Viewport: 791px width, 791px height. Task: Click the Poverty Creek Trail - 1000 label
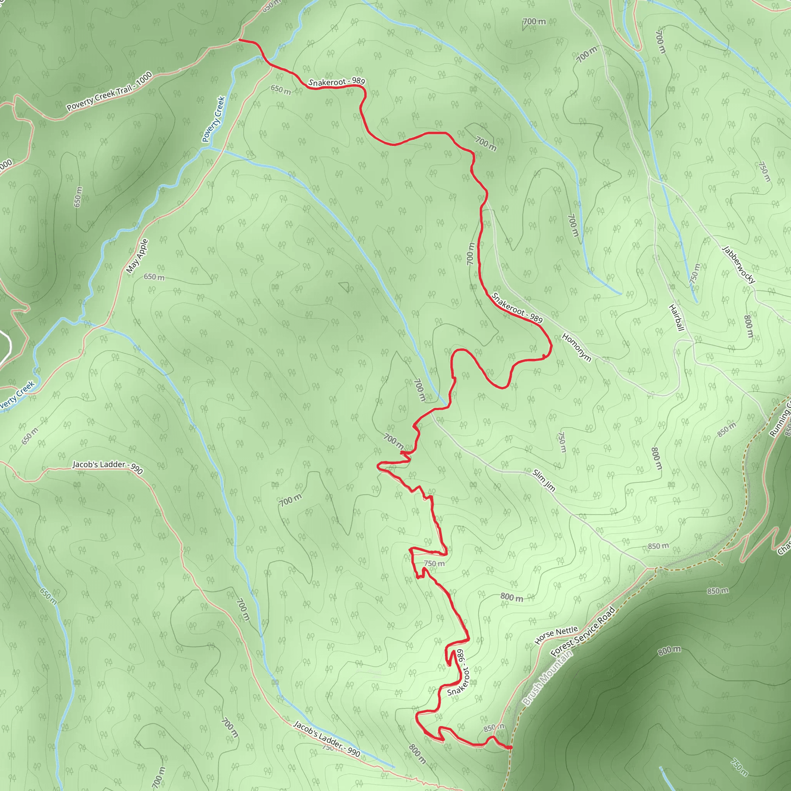(109, 92)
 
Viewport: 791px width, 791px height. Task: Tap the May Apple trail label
(137, 256)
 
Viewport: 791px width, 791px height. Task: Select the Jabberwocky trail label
(738, 265)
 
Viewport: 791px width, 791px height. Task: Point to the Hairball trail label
(676, 318)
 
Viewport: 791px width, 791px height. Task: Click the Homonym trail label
(577, 348)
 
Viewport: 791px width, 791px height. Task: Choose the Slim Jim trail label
(544, 480)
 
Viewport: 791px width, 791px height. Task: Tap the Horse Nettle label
(556, 635)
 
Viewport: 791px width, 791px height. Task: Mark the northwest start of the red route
(239, 40)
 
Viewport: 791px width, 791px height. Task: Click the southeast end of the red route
(511, 748)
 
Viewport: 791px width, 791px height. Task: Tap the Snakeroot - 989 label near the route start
(336, 82)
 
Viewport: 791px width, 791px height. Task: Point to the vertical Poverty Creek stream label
(214, 119)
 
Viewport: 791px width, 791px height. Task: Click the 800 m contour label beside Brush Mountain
(669, 650)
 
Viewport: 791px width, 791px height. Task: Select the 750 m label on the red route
(434, 564)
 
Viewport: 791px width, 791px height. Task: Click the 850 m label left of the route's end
(493, 728)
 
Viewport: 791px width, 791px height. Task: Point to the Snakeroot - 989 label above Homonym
(517, 307)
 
